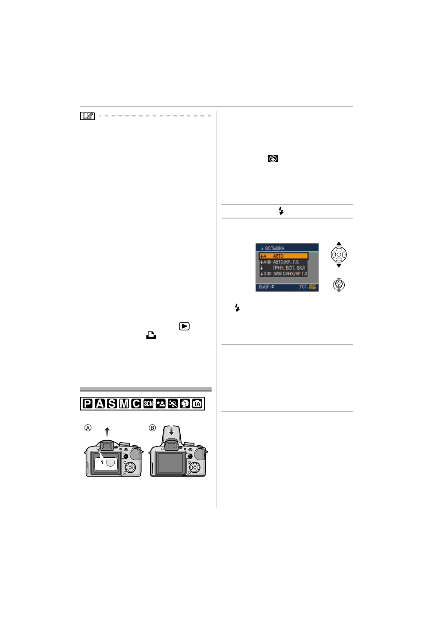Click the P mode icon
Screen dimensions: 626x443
pyautogui.click(x=88, y=404)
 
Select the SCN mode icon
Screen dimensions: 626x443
pyautogui.click(x=149, y=404)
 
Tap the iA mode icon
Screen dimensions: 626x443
pyautogui.click(x=197, y=404)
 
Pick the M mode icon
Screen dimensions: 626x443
pyautogui.click(x=124, y=404)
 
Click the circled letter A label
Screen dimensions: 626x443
pyautogui.click(x=88, y=428)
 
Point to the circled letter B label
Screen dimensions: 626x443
pyautogui.click(x=152, y=428)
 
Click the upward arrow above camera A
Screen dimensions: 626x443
pyautogui.click(x=107, y=432)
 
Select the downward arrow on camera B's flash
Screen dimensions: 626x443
pyautogui.click(x=171, y=430)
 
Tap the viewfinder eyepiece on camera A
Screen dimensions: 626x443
pyautogui.click(x=107, y=446)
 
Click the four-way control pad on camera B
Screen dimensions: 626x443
pyautogui.click(x=194, y=467)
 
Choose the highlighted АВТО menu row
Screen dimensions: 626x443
pyautogui.click(x=284, y=256)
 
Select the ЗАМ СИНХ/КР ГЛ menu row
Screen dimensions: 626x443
pyautogui.click(x=284, y=273)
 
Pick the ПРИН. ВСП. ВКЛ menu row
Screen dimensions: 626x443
pyautogui.click(x=284, y=267)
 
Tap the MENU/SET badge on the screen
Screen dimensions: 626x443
pyautogui.click(x=313, y=287)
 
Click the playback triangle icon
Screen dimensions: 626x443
pyautogui.click(x=184, y=326)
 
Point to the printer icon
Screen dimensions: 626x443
pyautogui.click(x=151, y=336)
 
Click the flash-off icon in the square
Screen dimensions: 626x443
pyautogui.click(x=273, y=159)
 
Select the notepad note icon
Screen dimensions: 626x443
pyautogui.click(x=88, y=115)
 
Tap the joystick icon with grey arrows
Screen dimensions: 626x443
pyautogui.click(x=339, y=285)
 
